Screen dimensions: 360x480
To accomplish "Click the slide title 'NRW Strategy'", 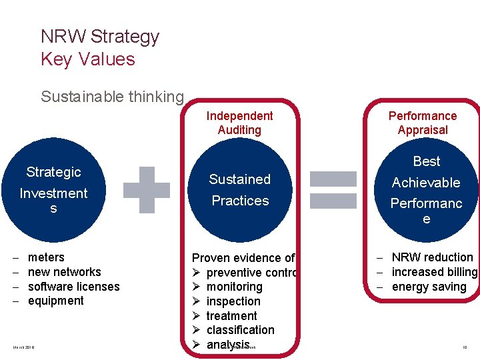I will [100, 36].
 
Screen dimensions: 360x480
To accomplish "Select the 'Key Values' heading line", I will [87, 59].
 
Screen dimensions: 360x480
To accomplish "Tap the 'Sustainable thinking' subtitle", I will [112, 97].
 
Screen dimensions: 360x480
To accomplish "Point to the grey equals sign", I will [333, 190].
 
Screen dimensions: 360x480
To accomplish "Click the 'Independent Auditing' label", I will [239, 123].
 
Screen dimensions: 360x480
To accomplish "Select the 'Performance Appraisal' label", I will [423, 123].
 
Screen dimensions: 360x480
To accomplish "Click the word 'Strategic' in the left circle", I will [53, 172].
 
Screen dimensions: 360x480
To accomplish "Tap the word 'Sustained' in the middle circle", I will [239, 179].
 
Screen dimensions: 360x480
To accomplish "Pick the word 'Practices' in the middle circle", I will [240, 201].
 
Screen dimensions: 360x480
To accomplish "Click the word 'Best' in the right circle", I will [427, 161].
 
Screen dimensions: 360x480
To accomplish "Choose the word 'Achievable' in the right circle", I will [426, 183].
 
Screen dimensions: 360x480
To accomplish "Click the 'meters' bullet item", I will [46, 257].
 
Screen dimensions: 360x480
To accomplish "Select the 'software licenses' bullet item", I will [73, 287].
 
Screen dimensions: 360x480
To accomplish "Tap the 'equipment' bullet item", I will [56, 301].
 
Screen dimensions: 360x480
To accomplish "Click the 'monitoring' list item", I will [234, 287].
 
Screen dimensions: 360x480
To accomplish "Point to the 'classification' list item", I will [240, 330].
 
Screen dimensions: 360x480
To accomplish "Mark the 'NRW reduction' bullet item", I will [432, 257].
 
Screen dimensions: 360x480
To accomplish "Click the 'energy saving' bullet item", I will [429, 287].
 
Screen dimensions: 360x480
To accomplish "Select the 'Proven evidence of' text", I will [243, 258].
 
